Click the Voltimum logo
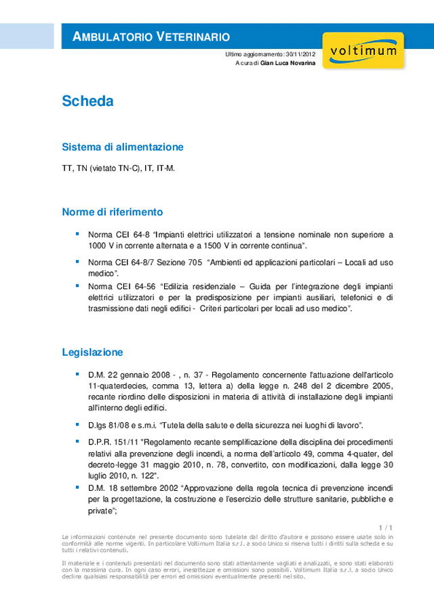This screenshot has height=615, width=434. (363, 51)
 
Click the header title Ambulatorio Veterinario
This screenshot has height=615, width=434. (151, 37)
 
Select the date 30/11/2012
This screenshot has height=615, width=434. (300, 54)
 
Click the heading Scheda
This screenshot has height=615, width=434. (87, 102)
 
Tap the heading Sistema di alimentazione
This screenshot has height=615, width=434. (123, 147)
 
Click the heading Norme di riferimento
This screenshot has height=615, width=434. (112, 212)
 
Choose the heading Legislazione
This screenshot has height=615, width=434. (92, 352)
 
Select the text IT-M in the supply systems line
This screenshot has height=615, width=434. (166, 168)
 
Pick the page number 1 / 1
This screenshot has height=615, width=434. (387, 527)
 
